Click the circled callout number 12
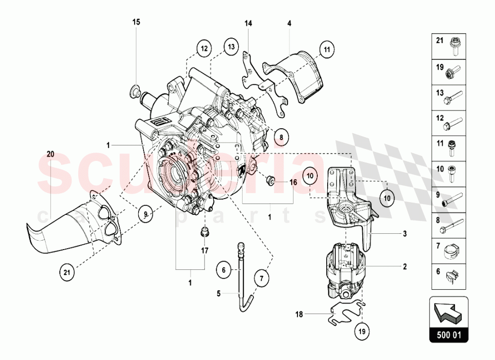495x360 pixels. click(203, 49)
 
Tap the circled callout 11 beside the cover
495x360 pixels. click(326, 49)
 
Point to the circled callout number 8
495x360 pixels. click(280, 137)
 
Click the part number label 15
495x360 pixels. click(136, 22)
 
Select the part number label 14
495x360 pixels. click(248, 23)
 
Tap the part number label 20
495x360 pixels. click(49, 154)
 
